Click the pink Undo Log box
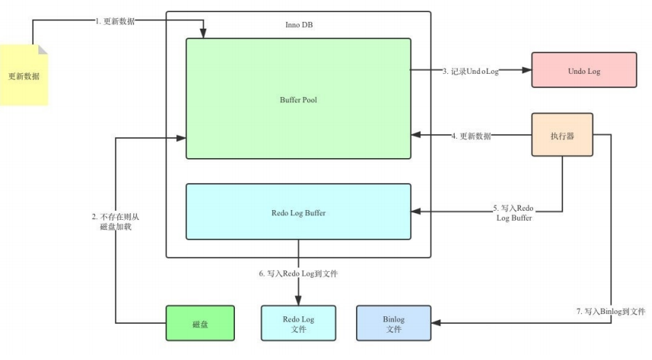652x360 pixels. [x=583, y=70]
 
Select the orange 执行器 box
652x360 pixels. [x=562, y=135]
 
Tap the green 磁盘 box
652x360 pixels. [x=200, y=323]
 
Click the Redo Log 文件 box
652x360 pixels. [x=298, y=323]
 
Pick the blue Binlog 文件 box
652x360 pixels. [x=393, y=323]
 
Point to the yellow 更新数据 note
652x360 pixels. [x=23, y=75]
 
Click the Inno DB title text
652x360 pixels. [x=299, y=25]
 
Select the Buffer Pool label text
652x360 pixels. [x=298, y=100]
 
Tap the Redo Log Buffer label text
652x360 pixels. [x=298, y=213]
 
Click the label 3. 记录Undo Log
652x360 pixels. [x=471, y=71]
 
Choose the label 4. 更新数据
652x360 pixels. [x=471, y=136]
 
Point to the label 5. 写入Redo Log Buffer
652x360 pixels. [x=513, y=212]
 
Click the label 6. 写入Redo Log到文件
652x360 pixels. [x=298, y=273]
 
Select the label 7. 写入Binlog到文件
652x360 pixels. [x=611, y=311]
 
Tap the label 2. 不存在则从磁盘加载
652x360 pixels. [x=116, y=221]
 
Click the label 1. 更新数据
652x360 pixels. [x=114, y=21]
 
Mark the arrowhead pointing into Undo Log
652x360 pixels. [x=527, y=70]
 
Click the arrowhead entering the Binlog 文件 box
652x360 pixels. [x=436, y=322]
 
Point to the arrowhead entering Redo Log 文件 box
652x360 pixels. [x=298, y=301]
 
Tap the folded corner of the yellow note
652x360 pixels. [x=43, y=49]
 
